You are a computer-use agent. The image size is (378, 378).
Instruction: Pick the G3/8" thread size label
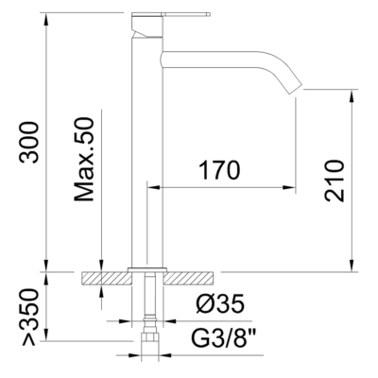point(224,335)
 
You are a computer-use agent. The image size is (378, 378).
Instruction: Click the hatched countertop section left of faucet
point(105,277)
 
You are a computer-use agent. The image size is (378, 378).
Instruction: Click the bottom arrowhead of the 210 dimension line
point(352,266)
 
